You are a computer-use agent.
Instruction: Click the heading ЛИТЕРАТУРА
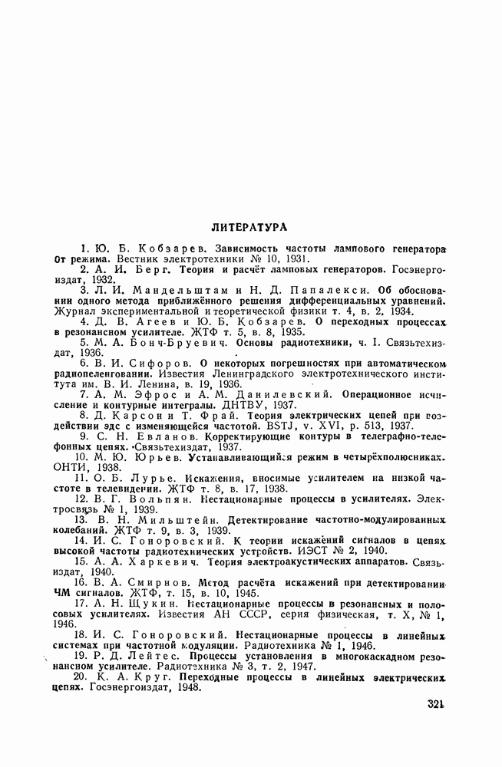tap(249, 227)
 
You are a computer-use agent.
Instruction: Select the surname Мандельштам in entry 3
tap(163, 291)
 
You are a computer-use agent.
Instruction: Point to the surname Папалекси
tap(302, 291)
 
